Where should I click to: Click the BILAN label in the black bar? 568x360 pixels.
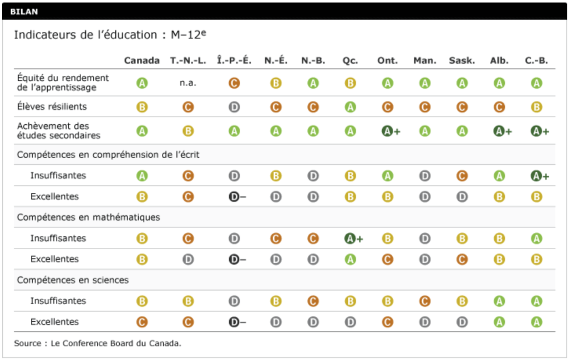click(x=24, y=12)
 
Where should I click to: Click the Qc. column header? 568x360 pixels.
click(x=350, y=61)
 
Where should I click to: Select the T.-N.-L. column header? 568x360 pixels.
click(x=188, y=61)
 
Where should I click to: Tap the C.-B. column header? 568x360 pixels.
click(x=536, y=61)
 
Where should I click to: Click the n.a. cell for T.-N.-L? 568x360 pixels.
click(x=188, y=83)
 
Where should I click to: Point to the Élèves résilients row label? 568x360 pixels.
click(x=52, y=107)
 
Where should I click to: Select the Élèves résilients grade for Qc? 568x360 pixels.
click(x=350, y=107)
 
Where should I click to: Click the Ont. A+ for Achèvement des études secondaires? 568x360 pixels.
click(x=390, y=131)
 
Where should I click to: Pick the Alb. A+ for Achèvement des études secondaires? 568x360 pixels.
click(x=503, y=131)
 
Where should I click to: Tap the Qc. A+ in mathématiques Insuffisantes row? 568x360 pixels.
click(x=353, y=239)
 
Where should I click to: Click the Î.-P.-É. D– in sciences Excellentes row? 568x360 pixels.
click(x=237, y=322)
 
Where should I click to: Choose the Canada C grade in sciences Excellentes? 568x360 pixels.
click(x=142, y=322)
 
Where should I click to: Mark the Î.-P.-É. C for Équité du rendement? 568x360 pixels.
click(x=234, y=83)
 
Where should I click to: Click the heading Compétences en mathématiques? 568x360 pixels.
click(x=88, y=217)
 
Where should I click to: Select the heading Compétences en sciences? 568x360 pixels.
click(x=73, y=280)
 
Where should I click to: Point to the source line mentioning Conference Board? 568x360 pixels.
click(x=98, y=343)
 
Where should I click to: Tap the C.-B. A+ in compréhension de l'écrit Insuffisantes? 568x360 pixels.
click(x=540, y=176)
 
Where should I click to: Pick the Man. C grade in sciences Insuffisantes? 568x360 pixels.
click(x=425, y=301)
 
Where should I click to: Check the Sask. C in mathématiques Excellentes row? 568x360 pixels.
click(x=462, y=260)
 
